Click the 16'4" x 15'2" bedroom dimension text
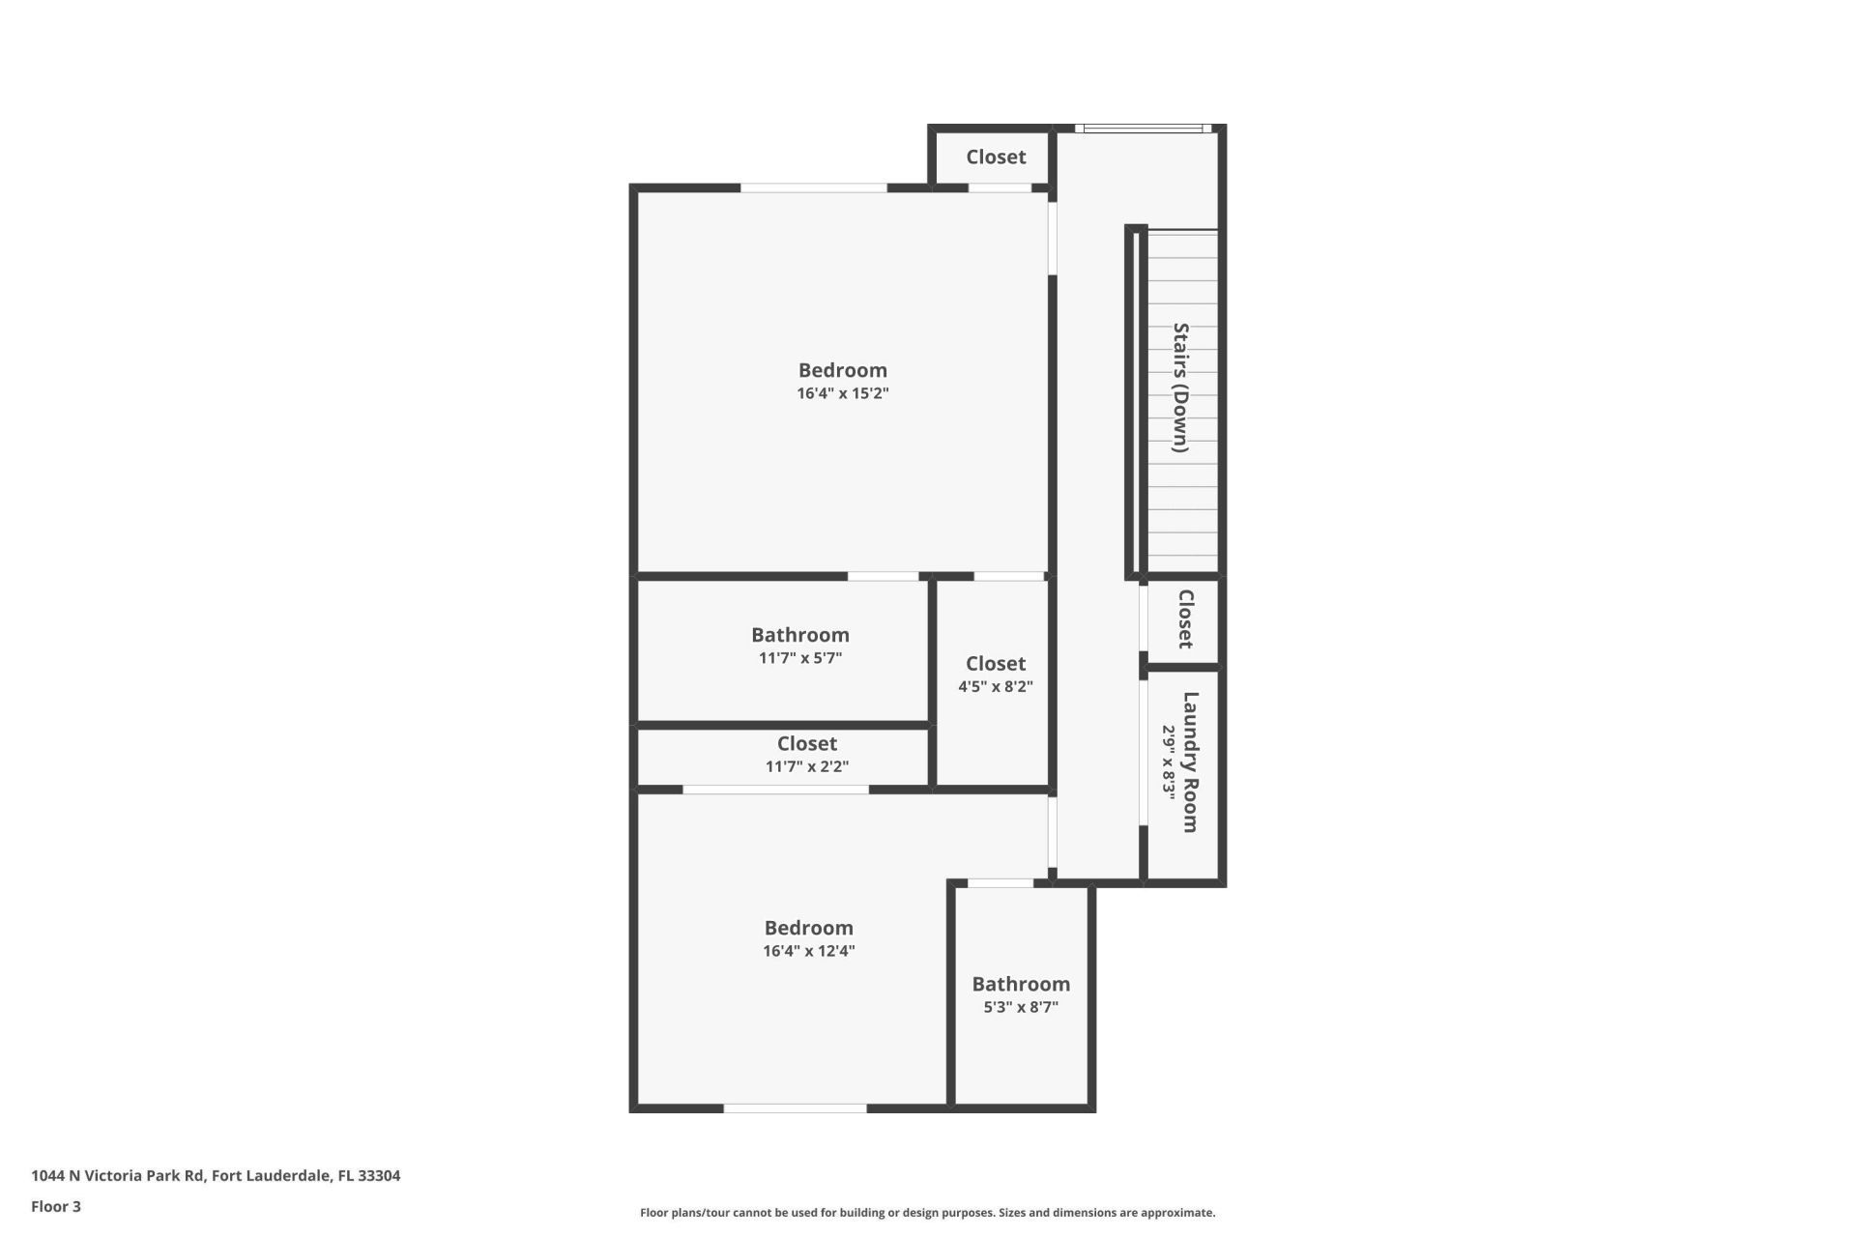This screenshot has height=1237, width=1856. (x=842, y=393)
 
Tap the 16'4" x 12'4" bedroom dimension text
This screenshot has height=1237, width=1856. (x=808, y=951)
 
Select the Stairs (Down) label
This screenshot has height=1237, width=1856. (x=1180, y=388)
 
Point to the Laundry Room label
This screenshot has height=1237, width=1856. (x=1191, y=762)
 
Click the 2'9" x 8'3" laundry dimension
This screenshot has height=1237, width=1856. (x=1168, y=762)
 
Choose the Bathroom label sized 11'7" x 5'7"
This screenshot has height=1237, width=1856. (x=800, y=635)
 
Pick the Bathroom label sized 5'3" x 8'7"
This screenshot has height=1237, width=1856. (x=1021, y=984)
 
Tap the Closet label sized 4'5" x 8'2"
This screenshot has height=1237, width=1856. (x=996, y=664)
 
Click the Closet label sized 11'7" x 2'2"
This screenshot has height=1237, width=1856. (x=807, y=743)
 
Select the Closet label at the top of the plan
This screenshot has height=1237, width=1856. (x=996, y=157)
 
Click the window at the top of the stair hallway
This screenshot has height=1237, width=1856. (x=1142, y=129)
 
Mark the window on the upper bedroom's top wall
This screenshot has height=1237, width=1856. (x=813, y=187)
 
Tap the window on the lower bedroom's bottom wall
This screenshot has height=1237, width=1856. (x=795, y=1108)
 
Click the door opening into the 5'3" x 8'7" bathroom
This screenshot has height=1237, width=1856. (x=1000, y=883)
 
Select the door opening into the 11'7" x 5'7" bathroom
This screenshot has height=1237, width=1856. (x=883, y=577)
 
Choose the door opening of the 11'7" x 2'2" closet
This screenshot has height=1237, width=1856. (x=775, y=790)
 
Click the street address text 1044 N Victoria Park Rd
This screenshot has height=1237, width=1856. (x=216, y=1176)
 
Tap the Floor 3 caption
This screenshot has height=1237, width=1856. (x=56, y=1207)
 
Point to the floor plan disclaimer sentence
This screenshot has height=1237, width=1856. (x=927, y=1213)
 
